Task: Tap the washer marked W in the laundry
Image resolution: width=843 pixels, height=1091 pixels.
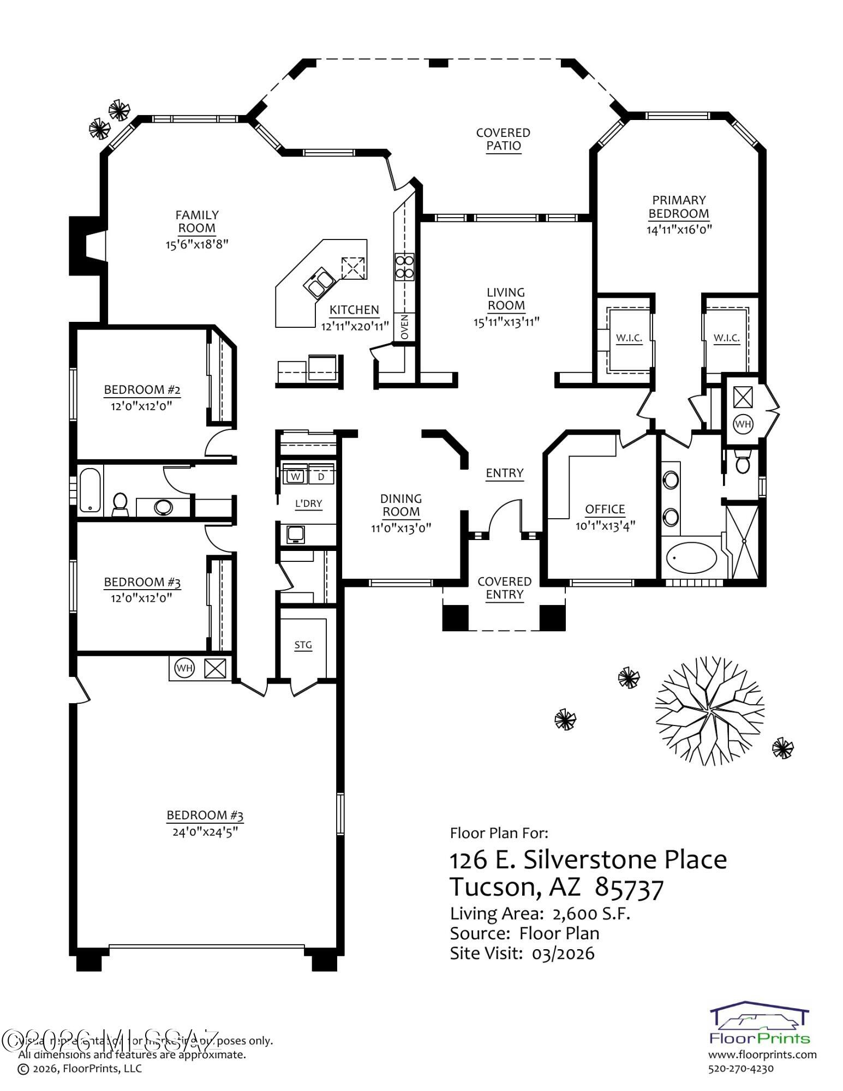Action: pos(295,476)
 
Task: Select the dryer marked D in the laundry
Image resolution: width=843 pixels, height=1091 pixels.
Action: pos(321,476)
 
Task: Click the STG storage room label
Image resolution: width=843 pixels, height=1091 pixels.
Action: pos(303,645)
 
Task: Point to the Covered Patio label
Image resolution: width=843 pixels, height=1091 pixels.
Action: pos(503,139)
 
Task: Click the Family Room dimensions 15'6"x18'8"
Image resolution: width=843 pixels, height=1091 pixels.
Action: pos(197,244)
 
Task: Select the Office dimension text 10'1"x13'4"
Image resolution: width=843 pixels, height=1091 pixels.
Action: pos(605,526)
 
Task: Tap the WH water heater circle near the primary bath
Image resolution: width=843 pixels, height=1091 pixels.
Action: pos(743,423)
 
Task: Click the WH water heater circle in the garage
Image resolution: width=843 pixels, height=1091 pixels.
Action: pos(184,668)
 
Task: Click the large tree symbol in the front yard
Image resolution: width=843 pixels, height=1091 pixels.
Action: pos(709,711)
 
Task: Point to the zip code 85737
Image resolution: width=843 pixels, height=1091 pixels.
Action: pos(629,888)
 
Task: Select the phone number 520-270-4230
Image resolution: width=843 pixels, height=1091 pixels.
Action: pos(740,1069)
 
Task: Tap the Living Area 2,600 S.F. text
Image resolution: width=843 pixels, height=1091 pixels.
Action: pos(540,913)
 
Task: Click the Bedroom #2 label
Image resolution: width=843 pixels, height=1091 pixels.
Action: pos(142,389)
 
